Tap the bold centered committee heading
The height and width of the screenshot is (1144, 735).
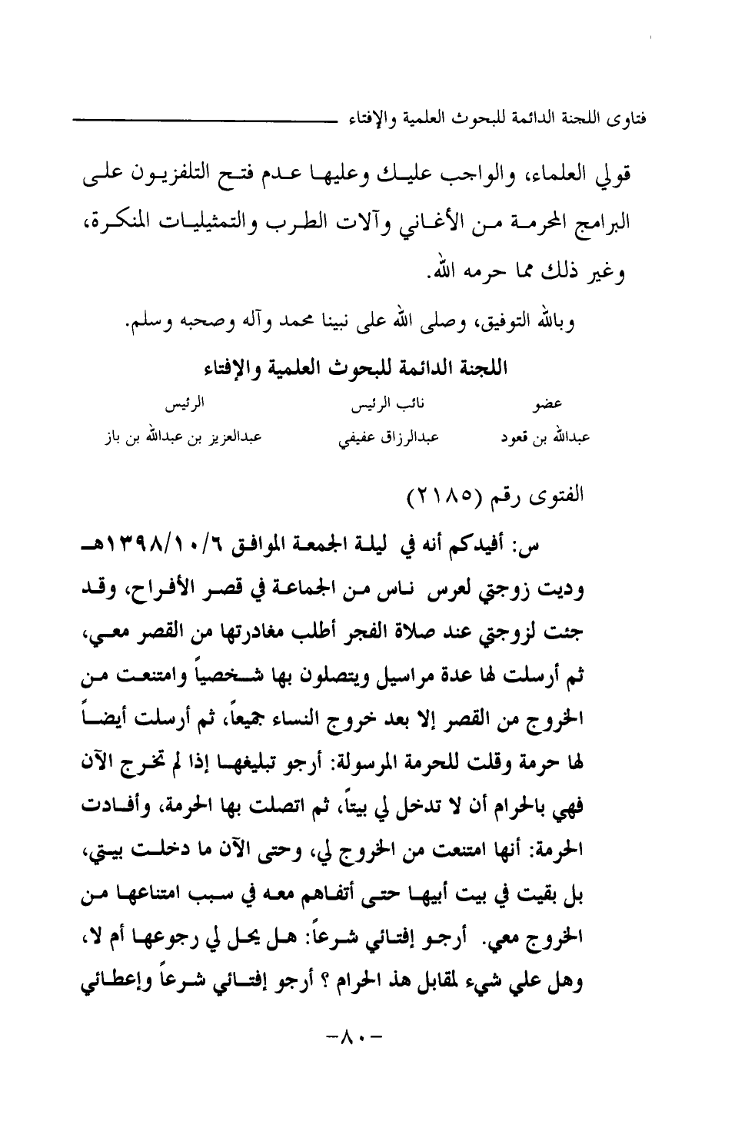coord(367,366)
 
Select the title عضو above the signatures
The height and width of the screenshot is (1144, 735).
coord(551,403)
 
